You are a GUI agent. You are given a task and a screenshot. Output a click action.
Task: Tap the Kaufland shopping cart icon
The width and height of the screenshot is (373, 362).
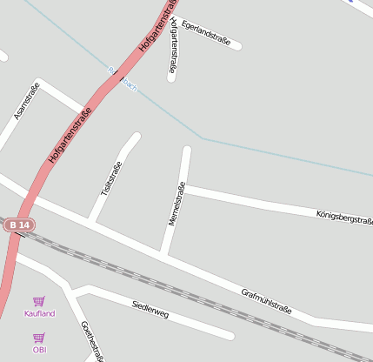pyautogui.click(x=39, y=301)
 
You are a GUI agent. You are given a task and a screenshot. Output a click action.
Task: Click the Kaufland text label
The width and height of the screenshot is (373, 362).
pyautogui.click(x=40, y=313)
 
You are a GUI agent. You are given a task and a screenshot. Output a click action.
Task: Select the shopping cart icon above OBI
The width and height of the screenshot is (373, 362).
pyautogui.click(x=39, y=338)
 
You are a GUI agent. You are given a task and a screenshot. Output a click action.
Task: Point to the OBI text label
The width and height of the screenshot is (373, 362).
pyautogui.click(x=39, y=350)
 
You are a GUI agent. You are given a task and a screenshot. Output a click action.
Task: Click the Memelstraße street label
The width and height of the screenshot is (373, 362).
pyautogui.click(x=177, y=204)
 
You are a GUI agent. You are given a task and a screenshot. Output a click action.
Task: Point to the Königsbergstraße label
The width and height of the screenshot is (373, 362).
pyautogui.click(x=344, y=216)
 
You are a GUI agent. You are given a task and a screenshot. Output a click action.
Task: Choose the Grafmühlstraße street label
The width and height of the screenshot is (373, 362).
pyautogui.click(x=266, y=300)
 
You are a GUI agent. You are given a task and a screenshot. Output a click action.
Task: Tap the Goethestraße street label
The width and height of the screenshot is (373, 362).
pyautogui.click(x=92, y=341)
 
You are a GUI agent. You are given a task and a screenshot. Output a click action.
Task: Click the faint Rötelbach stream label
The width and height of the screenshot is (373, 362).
pyautogui.click(x=122, y=79)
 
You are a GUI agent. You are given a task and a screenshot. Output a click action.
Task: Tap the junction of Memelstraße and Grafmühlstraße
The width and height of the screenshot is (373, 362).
pyautogui.click(x=164, y=254)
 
